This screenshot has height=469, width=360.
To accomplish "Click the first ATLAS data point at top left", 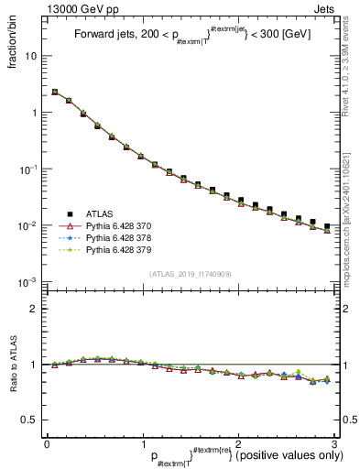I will (55, 92).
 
